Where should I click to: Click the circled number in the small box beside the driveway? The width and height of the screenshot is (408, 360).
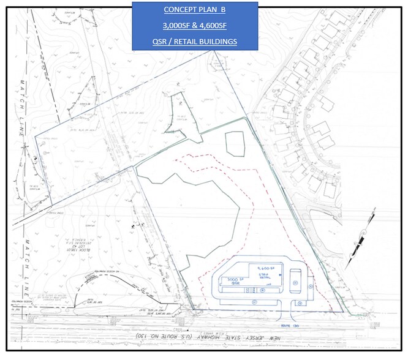tap(299, 302)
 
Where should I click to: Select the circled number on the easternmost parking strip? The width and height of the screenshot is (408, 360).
tap(311, 285)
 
